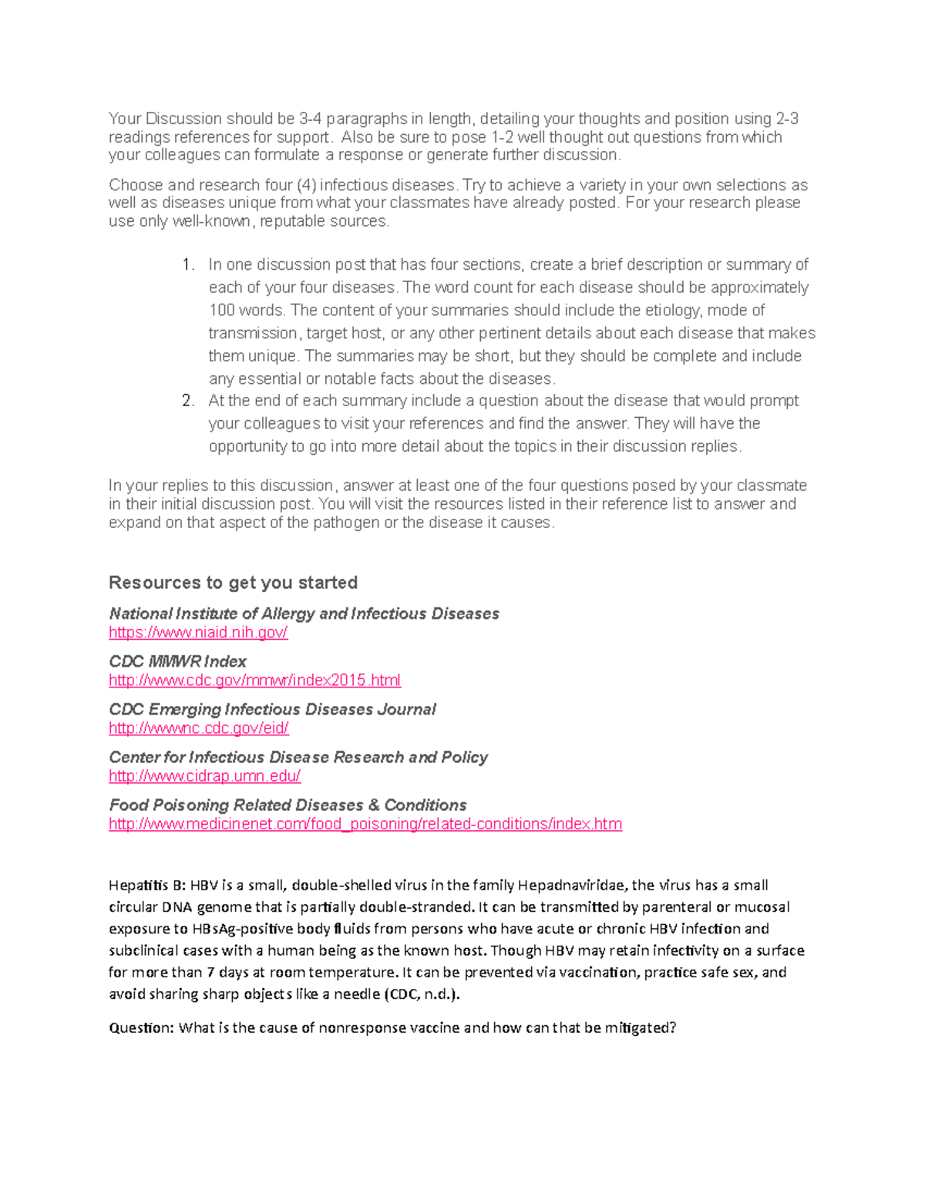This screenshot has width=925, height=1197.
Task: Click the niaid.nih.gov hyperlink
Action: click(198, 633)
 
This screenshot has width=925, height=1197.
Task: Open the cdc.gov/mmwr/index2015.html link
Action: click(254, 681)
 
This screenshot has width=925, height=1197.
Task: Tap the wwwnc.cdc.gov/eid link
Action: click(199, 728)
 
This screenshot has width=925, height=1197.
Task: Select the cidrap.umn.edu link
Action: click(204, 776)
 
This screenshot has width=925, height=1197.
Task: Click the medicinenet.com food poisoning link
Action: click(365, 824)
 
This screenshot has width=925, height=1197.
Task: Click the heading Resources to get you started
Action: click(233, 583)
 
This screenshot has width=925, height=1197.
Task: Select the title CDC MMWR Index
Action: click(177, 662)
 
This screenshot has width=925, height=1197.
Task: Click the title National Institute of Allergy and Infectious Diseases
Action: click(304, 614)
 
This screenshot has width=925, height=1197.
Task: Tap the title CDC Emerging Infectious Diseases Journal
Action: click(272, 710)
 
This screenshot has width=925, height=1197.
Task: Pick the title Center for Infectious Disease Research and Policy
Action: click(298, 758)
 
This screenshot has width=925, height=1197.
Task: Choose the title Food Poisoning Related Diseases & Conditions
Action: click(288, 805)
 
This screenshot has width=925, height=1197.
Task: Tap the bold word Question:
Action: click(142, 1028)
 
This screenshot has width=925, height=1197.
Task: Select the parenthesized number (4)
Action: click(305, 186)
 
